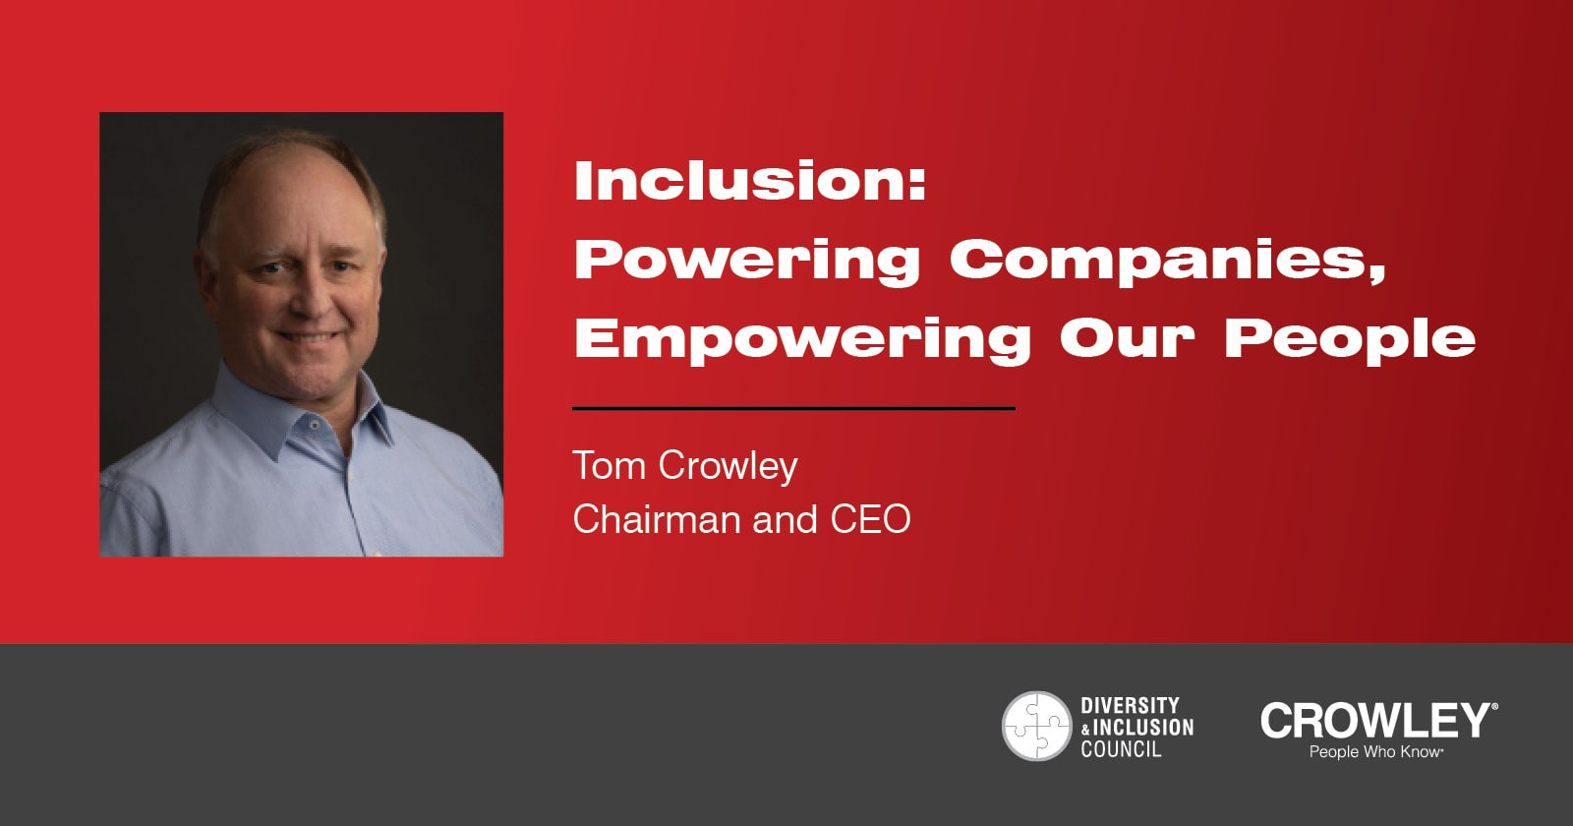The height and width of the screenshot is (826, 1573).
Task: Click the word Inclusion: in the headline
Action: [750, 181]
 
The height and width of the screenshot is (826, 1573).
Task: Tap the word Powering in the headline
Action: [747, 262]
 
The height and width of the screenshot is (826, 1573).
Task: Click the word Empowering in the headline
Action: [802, 340]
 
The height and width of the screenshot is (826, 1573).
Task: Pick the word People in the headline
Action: [1349, 340]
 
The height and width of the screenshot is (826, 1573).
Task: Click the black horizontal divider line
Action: [793, 408]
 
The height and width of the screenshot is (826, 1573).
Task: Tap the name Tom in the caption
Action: [609, 466]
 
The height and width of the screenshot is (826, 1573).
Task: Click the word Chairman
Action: [657, 520]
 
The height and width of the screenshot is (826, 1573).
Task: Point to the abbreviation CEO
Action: [870, 520]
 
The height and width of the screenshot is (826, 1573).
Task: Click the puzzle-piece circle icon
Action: [1036, 726]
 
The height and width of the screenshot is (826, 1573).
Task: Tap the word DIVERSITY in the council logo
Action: [1130, 705]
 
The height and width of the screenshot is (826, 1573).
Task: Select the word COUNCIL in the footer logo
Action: [1121, 749]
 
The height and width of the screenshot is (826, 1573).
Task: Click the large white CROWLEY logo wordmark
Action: [1374, 721]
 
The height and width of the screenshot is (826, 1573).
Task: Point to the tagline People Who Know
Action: [1375, 752]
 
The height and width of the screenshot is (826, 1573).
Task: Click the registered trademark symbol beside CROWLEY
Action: [1493, 706]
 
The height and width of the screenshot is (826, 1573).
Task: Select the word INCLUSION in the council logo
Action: [1143, 727]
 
